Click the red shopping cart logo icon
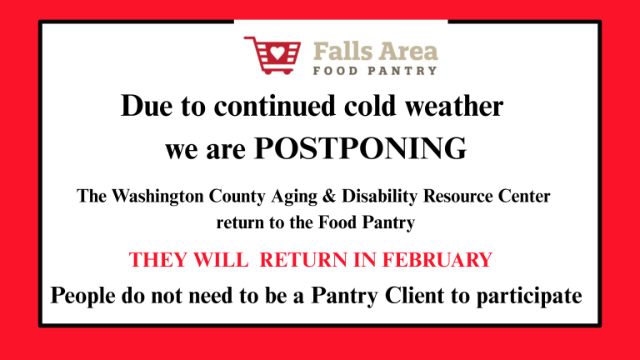pos(272,56)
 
